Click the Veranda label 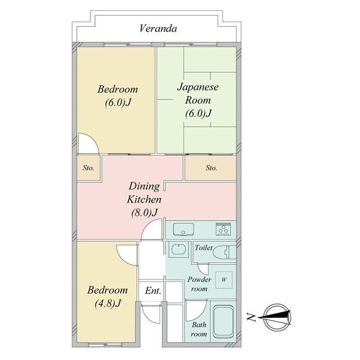tap(158, 29)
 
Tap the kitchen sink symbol tap(183, 229)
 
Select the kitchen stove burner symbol tap(223, 229)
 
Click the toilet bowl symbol tap(224, 252)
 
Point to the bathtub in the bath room tap(223, 322)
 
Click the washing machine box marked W tap(224, 280)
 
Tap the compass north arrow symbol tap(275, 317)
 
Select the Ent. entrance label tap(153, 291)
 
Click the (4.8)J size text tap(107, 304)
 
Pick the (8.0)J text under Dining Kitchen tap(145, 213)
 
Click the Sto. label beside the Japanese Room tap(211, 168)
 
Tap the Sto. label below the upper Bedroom tap(88, 168)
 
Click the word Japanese tap(197, 88)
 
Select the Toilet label tap(204, 247)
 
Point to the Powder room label tap(199, 284)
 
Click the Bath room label tap(199, 329)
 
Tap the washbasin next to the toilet tap(179, 249)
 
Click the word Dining tap(144, 186)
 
